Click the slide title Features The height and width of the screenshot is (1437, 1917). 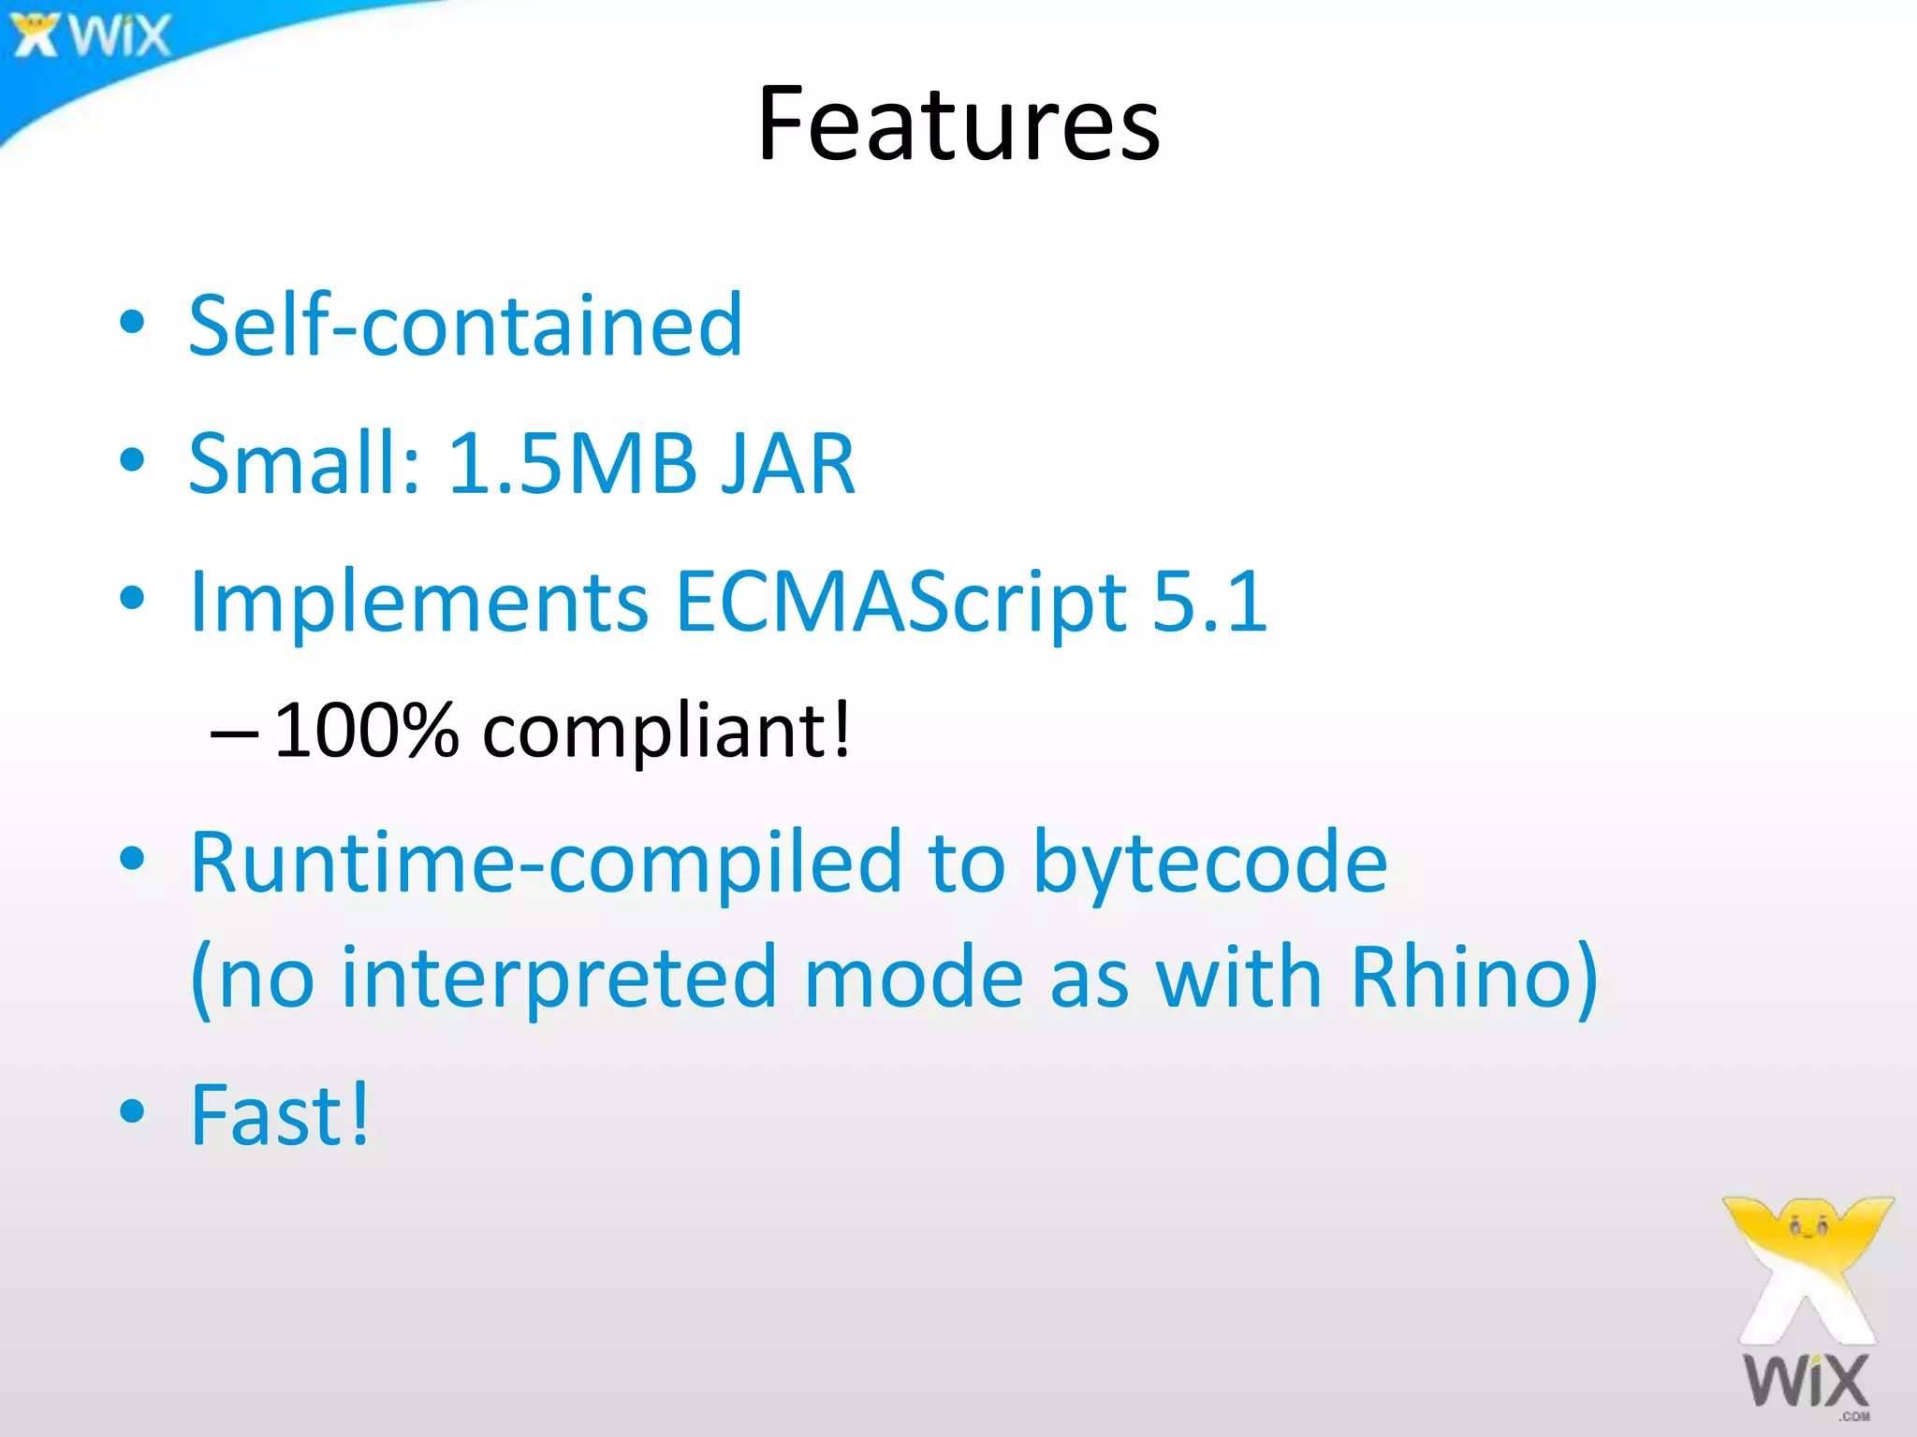958,123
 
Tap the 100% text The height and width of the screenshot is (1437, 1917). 366,731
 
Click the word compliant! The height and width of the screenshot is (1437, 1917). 666,731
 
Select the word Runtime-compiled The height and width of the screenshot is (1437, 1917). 546,863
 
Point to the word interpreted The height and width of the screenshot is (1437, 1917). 559,978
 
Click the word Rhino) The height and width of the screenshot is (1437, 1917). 1473,978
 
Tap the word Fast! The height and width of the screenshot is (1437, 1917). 280,1115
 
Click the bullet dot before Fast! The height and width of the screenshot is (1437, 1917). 133,1110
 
